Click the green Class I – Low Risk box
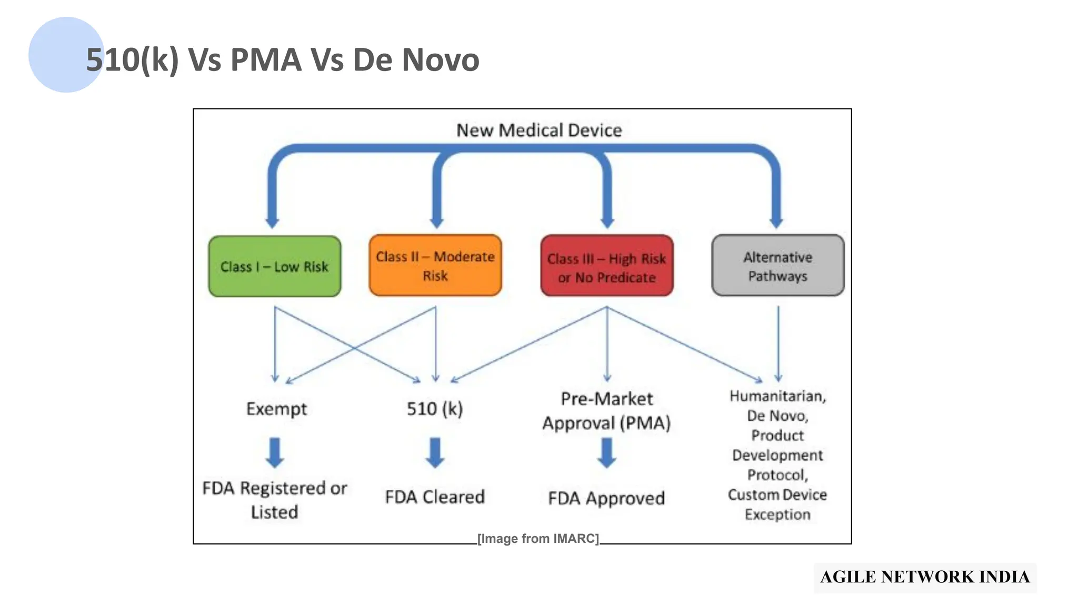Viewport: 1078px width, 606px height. tap(274, 266)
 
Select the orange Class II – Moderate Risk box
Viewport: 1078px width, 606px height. tap(435, 266)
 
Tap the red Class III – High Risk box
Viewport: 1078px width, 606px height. tap(606, 266)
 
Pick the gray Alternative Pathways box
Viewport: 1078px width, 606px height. tap(777, 266)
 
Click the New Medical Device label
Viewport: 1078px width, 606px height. tap(538, 130)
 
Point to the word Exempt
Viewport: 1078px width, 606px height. tap(276, 409)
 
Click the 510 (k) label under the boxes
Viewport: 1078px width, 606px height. tap(435, 409)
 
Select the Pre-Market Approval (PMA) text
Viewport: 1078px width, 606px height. tap(606, 411)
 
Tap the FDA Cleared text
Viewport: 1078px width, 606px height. tap(435, 497)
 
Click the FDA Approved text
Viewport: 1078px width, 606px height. tap(606, 498)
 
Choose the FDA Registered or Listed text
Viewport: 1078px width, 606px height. tap(274, 500)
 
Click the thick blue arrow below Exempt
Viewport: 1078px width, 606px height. tap(275, 453)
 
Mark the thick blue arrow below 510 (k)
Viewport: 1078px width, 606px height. tap(435, 453)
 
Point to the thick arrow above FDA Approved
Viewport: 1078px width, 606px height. tap(606, 453)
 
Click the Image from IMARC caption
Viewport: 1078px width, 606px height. tap(538, 539)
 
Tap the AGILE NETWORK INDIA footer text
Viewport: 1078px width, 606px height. tap(925, 577)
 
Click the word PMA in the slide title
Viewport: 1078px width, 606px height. tap(265, 59)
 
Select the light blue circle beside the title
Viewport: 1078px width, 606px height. tap(58, 55)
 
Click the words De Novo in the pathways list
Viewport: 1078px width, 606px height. tap(777, 416)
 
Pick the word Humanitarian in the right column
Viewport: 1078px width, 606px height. tap(777, 396)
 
